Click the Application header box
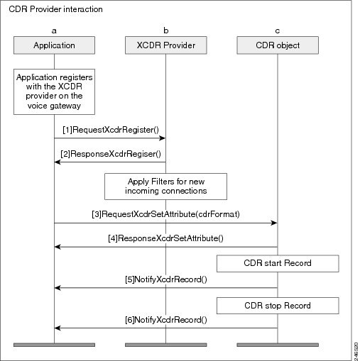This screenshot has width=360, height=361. pos(54,45)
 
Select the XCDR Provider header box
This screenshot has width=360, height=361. pos(165,45)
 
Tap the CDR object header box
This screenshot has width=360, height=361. pos(278,45)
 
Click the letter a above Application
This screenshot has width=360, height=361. pos(54,31)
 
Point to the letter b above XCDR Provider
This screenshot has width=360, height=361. pos(166,30)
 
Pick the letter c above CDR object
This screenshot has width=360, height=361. pos(278,31)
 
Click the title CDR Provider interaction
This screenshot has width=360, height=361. pos(55,9)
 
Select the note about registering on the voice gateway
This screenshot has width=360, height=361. pos(54,91)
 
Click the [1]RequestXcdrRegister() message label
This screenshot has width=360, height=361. pos(111,130)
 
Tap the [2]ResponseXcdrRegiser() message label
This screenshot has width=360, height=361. pos(111,154)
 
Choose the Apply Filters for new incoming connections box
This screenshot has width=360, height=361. pos(165,187)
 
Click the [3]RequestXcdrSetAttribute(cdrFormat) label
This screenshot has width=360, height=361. pos(165,214)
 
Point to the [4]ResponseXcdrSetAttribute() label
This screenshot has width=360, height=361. pos(165,238)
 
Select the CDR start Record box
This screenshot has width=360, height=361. pos(278,263)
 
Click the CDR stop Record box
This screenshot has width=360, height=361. pos(278,306)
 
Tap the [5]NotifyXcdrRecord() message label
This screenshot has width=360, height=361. pos(166,279)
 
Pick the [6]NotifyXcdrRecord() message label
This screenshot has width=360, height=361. pos(166,320)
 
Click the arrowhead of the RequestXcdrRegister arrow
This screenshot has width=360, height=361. pos(163,138)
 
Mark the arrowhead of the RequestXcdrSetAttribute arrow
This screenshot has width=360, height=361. pos(274,223)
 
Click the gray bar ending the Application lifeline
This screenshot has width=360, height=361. pos(54,345)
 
